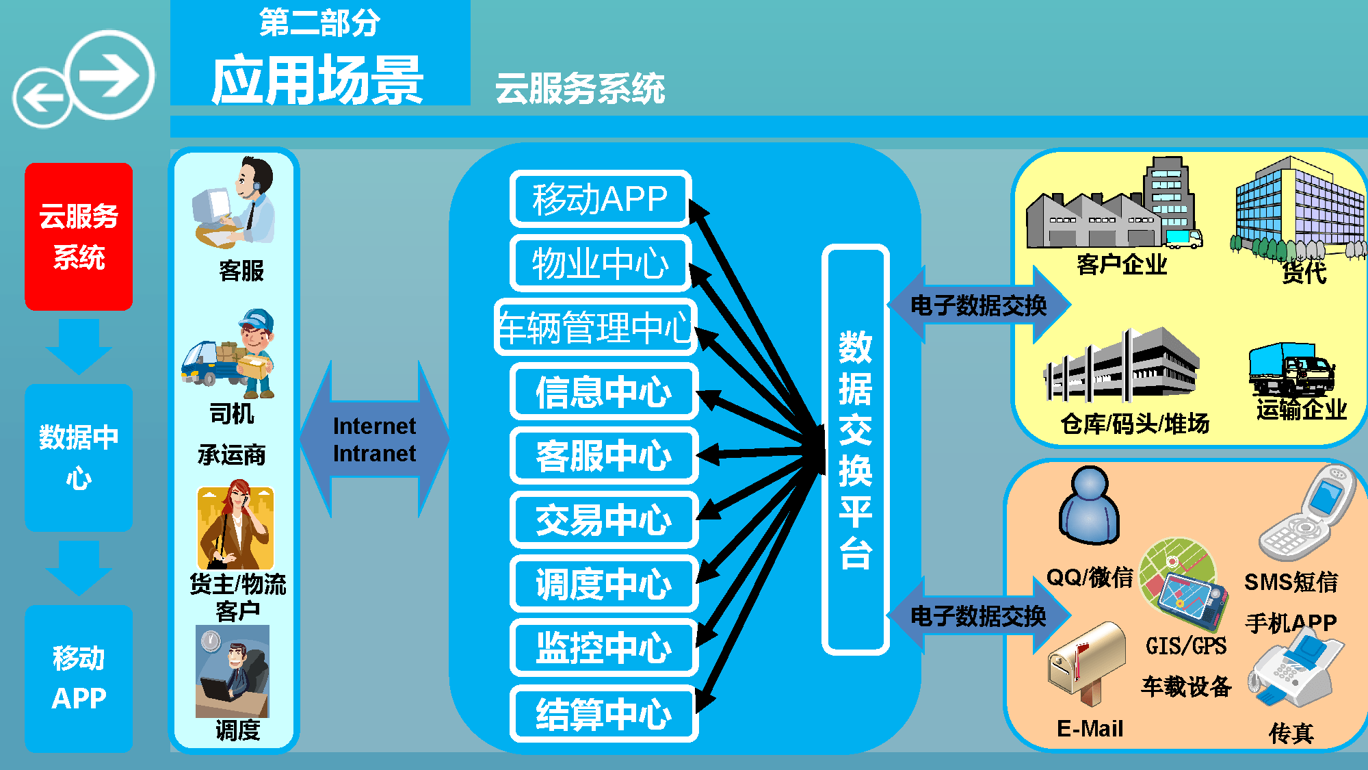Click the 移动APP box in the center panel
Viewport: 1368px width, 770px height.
[600, 199]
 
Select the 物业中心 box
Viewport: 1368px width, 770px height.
[600, 264]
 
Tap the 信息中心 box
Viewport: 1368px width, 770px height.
[603, 392]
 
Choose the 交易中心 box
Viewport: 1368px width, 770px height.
[603, 519]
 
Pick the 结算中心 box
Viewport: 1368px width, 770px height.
[603, 713]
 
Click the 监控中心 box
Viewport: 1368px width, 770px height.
[603, 647]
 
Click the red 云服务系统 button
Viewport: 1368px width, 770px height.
[79, 236]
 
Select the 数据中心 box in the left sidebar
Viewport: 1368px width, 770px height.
[79, 457]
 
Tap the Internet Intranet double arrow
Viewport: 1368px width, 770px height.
[374, 439]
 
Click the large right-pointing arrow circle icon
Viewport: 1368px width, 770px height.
[111, 75]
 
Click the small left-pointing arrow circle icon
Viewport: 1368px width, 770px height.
[41, 98]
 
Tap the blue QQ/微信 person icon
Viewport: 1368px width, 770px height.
[1089, 506]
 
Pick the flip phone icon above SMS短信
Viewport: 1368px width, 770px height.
[1308, 513]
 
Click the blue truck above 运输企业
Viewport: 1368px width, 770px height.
[1290, 370]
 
